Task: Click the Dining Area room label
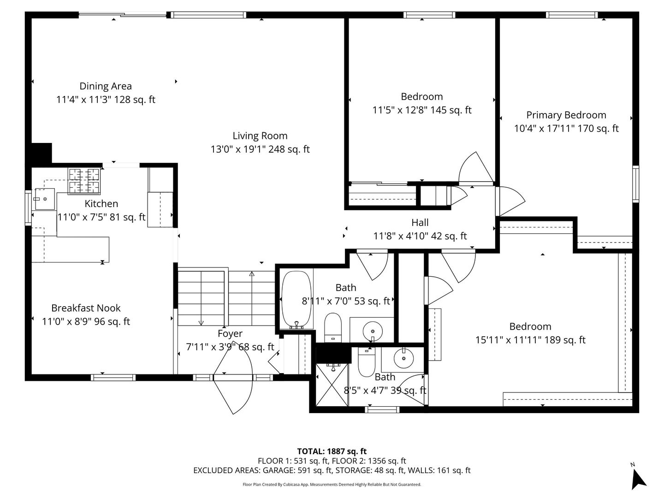pyautogui.click(x=106, y=86)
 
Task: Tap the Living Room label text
pyautogui.click(x=260, y=136)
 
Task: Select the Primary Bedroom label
pyautogui.click(x=566, y=115)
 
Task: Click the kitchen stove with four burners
pyautogui.click(x=84, y=181)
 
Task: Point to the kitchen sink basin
pyautogui.click(x=45, y=199)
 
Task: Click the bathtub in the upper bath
pyautogui.click(x=296, y=299)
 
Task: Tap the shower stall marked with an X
pyautogui.click(x=332, y=385)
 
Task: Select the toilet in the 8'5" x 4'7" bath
pyautogui.click(x=366, y=362)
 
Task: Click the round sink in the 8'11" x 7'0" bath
pyautogui.click(x=373, y=331)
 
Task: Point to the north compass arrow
pyautogui.click(x=639, y=480)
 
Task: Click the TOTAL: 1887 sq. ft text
pyautogui.click(x=332, y=451)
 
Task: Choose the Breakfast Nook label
pyautogui.click(x=86, y=308)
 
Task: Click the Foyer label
pyautogui.click(x=230, y=333)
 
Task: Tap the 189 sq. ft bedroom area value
pyautogui.click(x=565, y=340)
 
